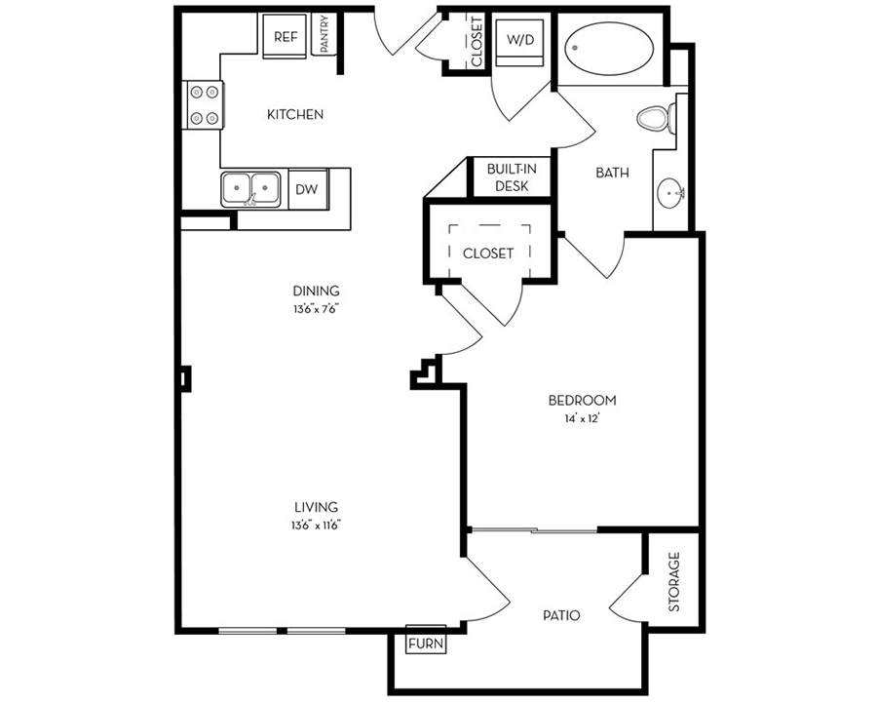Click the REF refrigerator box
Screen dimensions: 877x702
pyautogui.click(x=285, y=36)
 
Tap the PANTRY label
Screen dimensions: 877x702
pyautogui.click(x=324, y=34)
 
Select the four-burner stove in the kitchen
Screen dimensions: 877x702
pyautogui.click(x=203, y=104)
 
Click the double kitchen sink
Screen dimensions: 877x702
pyautogui.click(x=250, y=188)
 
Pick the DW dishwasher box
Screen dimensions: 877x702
pyautogui.click(x=307, y=189)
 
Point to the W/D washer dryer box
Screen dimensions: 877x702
pyautogui.click(x=520, y=43)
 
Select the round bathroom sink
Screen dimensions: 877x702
pyautogui.click(x=670, y=194)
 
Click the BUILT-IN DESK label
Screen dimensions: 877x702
pyautogui.click(x=512, y=177)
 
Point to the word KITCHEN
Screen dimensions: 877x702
pyautogui.click(x=295, y=115)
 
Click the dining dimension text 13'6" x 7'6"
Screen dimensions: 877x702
pyautogui.click(x=317, y=309)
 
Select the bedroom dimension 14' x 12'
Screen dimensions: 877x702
pyautogui.click(x=583, y=418)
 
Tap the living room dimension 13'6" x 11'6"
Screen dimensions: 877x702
pyautogui.click(x=317, y=526)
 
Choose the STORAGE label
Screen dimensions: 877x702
pyautogui.click(x=674, y=582)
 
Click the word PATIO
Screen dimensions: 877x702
pyautogui.click(x=561, y=616)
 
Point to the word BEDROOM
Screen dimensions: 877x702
pyautogui.click(x=583, y=401)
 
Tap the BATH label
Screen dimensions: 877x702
pyautogui.click(x=612, y=173)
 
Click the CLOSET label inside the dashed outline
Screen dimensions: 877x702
pyautogui.click(x=488, y=253)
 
